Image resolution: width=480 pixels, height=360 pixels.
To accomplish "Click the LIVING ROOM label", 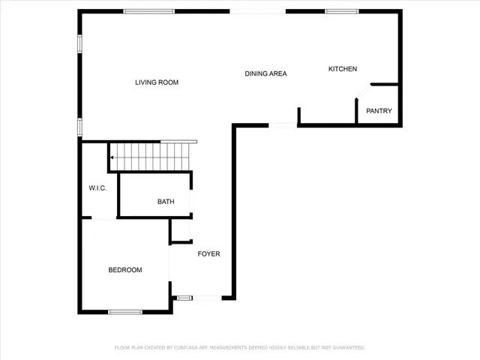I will (157, 82).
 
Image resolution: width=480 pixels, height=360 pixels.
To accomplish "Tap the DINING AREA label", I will (266, 73).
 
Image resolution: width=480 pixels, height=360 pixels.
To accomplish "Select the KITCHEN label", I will (343, 69).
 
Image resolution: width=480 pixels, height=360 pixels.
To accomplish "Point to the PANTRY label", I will (379, 111).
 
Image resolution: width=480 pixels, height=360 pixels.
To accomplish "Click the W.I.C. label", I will (97, 187).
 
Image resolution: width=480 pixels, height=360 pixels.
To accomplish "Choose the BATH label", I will (166, 202).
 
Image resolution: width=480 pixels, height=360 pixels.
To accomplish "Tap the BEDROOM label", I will (125, 270).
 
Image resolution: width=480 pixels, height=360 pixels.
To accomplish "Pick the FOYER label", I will (208, 254).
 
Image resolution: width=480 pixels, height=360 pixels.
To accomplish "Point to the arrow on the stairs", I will (111, 157).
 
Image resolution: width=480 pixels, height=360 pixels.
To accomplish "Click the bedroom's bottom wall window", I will (125, 311).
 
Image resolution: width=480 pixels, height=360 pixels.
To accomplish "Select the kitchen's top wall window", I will (341, 11).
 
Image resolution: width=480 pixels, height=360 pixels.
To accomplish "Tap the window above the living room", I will (149, 11).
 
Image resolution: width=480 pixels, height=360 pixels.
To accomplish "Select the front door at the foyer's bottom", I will (198, 298).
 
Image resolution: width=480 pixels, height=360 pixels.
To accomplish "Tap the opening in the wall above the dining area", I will (258, 11).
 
